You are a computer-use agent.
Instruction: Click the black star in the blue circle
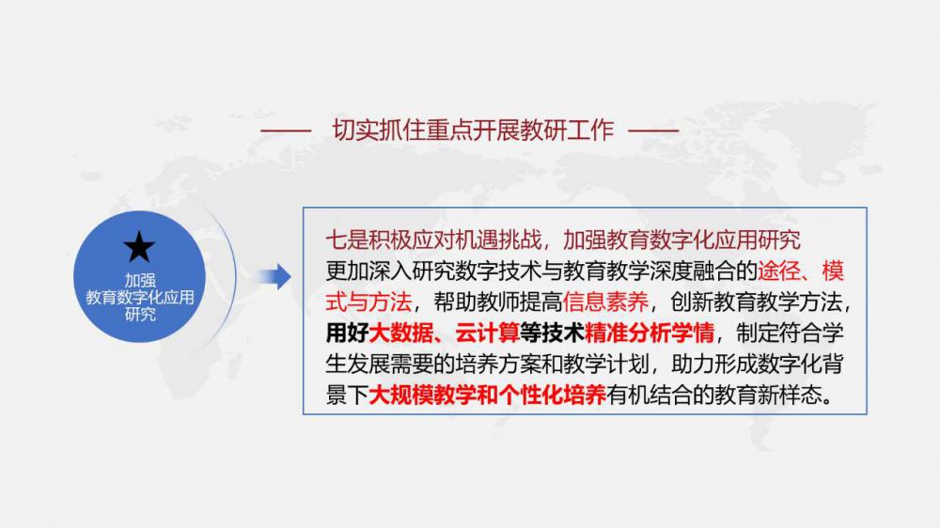pos(139,246)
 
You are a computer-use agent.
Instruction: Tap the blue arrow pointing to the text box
pos(275,277)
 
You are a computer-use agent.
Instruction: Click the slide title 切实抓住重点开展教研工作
pos(473,130)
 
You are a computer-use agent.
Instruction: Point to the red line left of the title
pos(286,130)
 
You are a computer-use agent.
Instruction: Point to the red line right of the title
pos(653,130)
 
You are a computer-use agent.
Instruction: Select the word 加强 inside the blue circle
pos(140,281)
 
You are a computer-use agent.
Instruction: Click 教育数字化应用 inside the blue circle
pos(140,297)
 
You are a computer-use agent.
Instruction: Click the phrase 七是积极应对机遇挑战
pos(433,240)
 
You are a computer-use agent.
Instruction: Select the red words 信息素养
pos(605,303)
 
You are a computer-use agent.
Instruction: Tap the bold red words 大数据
pos(400,334)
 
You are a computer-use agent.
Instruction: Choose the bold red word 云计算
pos(487,334)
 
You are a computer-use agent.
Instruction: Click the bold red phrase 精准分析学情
pos(650,334)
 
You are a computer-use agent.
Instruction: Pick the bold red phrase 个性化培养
pos(552,396)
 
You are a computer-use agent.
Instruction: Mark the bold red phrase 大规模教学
pos(423,396)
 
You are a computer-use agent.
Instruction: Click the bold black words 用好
pos(347,334)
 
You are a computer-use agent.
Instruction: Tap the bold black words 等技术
pos(552,334)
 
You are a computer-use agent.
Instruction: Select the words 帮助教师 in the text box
pos(477,303)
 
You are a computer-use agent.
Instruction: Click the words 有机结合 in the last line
pos(650,396)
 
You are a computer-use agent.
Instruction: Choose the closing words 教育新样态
pos(768,396)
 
